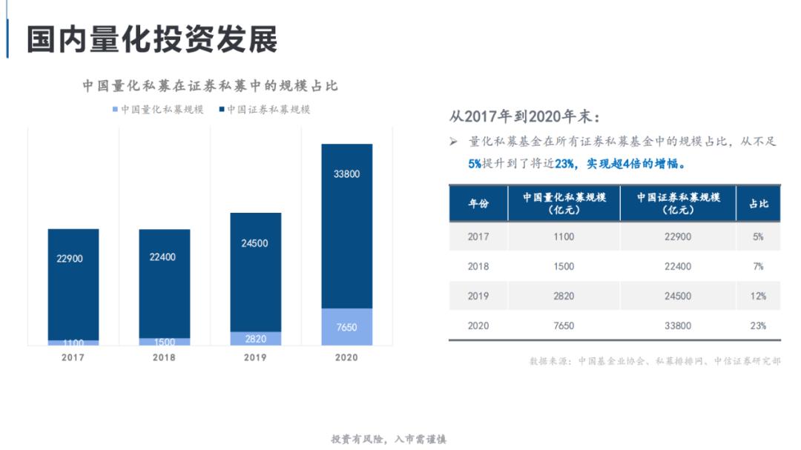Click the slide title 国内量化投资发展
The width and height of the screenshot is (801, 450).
pos(152,39)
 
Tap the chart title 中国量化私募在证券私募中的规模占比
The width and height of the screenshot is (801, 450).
pos(210,86)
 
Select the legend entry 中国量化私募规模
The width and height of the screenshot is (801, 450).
pos(157,110)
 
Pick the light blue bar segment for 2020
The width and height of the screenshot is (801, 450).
pos(346,326)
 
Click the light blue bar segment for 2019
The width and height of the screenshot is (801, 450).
pos(255,338)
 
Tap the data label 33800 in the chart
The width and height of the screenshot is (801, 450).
pos(346,174)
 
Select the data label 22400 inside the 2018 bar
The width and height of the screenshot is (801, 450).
pos(164,257)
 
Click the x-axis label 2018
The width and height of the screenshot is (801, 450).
pos(164,357)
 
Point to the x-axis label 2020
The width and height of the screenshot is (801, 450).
pos(346,357)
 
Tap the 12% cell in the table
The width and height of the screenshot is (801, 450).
pos(758,296)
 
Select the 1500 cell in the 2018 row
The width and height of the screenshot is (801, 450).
pos(564,266)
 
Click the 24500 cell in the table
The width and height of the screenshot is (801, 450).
pos(678,296)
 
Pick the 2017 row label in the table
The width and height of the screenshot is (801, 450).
pos(478,236)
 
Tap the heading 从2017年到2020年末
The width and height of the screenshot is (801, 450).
pos(524,117)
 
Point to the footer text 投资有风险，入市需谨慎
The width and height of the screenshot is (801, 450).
pos(389,439)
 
